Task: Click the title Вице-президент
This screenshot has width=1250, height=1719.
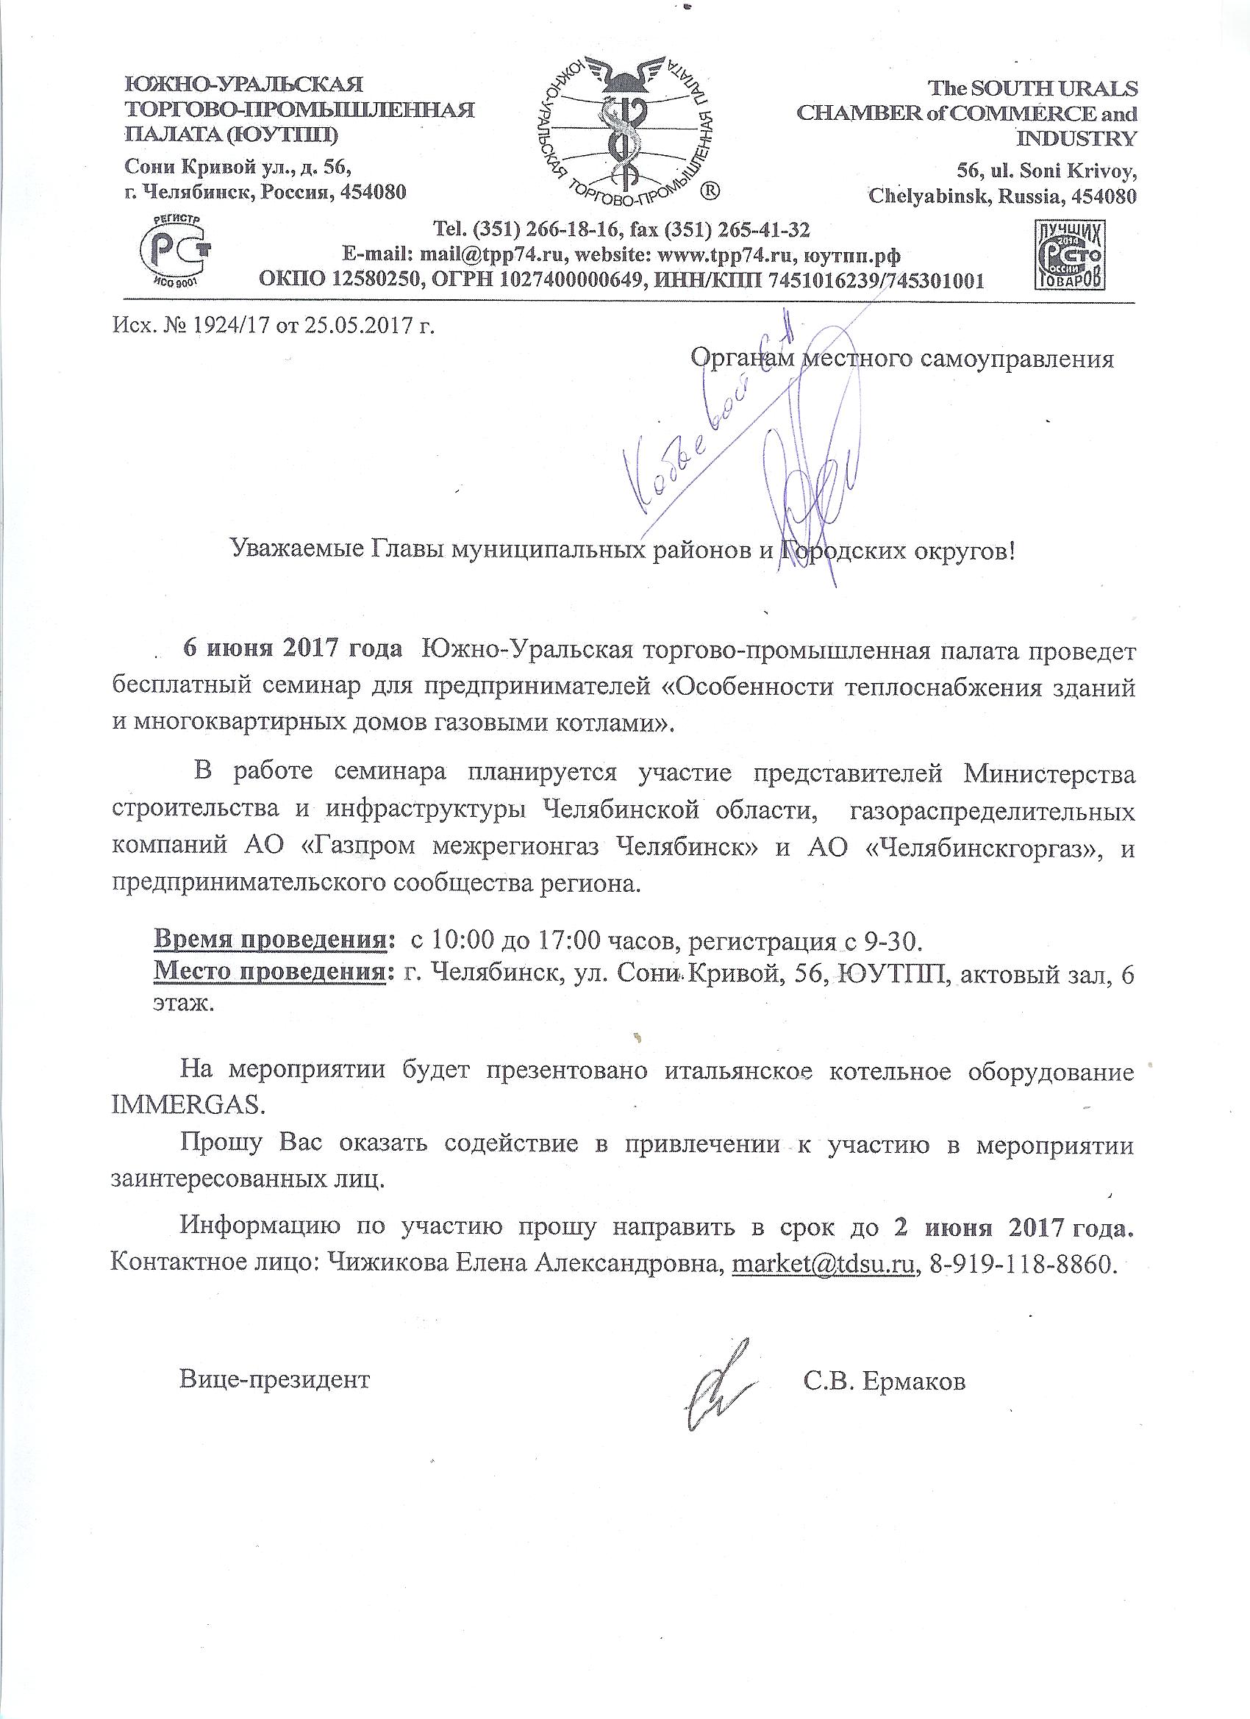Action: (274, 1379)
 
